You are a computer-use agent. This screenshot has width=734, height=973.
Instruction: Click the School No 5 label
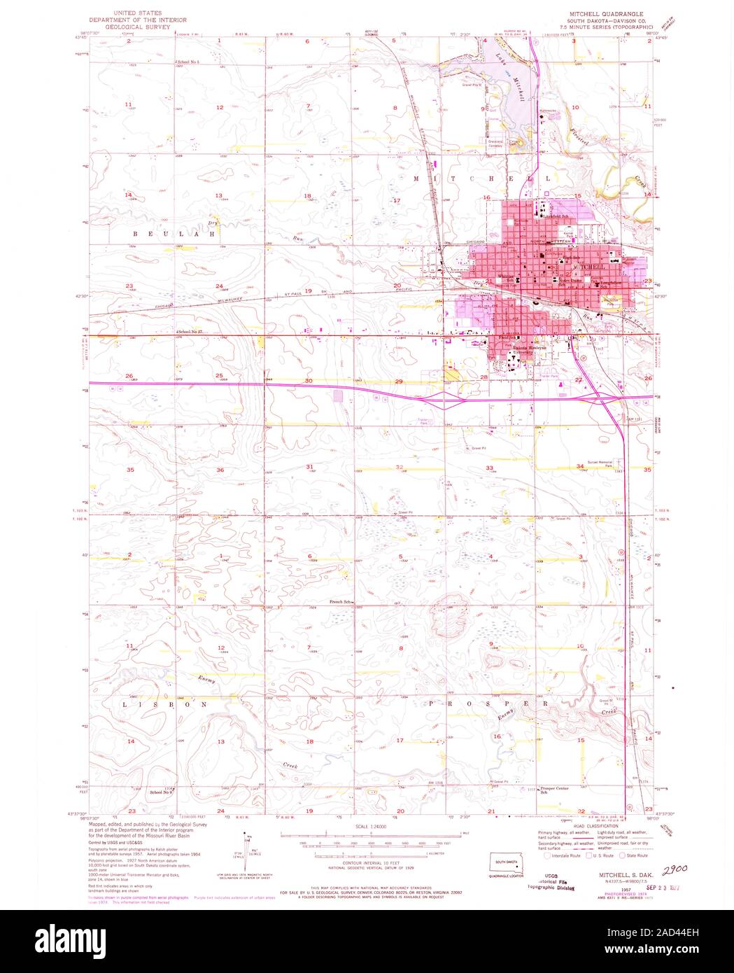189,63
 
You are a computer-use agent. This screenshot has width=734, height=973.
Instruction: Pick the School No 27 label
190,331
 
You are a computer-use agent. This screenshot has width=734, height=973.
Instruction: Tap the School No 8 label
160,791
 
